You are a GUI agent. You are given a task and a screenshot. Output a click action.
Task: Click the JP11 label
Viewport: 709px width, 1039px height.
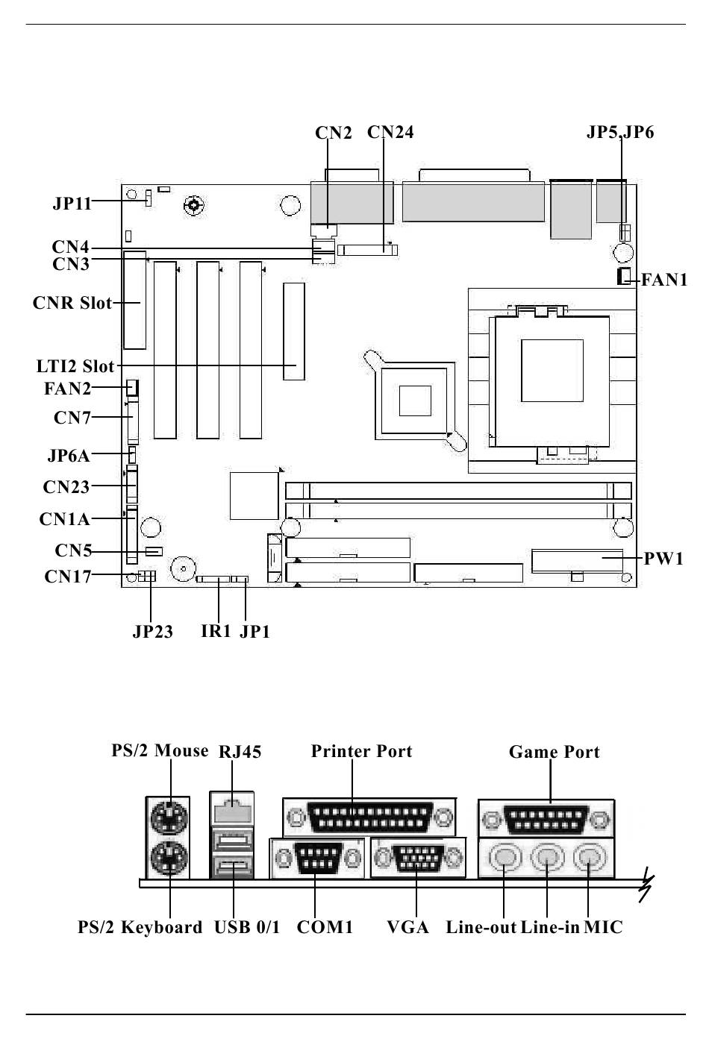coord(72,203)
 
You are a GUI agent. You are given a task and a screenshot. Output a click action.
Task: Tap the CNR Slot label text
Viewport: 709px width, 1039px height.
coord(72,303)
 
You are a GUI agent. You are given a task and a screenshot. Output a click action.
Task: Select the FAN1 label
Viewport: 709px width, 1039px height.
coord(664,280)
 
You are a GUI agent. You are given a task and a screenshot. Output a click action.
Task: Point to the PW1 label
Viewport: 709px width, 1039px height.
coord(663,559)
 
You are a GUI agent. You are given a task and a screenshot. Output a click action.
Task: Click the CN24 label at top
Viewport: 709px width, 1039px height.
coord(390,132)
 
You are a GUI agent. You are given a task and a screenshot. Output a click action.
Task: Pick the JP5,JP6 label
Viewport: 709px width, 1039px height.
coord(620,132)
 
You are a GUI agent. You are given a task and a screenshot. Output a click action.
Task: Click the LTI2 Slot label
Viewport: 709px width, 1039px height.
coord(75,366)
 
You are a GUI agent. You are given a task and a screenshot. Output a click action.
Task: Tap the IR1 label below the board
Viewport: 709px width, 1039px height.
coord(216,631)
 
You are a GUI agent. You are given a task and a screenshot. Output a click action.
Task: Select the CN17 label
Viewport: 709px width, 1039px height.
coord(68,576)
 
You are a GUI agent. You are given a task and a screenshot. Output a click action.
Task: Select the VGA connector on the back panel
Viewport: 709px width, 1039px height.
coord(418,858)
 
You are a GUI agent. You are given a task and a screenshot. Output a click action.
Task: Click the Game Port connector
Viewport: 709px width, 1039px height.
coord(546,820)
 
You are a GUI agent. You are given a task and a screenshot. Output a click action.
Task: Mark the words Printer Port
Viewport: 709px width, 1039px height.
coord(361,751)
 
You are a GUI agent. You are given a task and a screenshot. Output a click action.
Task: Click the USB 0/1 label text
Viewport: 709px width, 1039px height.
coord(247,927)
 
